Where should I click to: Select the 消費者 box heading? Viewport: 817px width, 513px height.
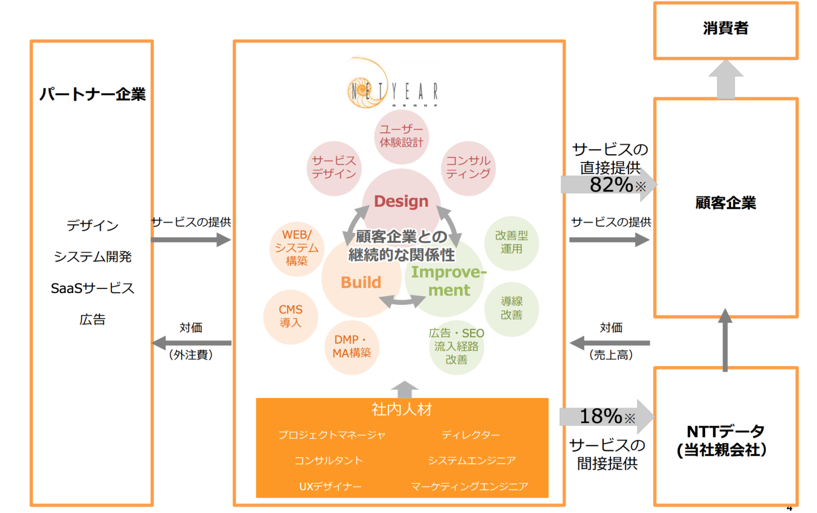pos(725,28)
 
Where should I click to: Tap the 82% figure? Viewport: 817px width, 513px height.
pos(611,185)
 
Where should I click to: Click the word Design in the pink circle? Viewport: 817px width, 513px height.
pos(401,201)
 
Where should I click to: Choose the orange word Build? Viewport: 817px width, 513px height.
pos(361,282)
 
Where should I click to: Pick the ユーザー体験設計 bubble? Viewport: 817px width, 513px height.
pos(401,136)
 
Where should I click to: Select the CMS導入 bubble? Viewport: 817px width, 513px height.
pos(291,316)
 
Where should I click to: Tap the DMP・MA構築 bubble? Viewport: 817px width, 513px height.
pos(352,347)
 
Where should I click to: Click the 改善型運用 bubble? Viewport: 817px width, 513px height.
pos(511,242)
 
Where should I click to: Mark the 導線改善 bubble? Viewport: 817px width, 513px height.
pos(511,308)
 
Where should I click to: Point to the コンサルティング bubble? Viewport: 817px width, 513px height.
pos(468,167)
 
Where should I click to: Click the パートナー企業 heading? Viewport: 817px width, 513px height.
pos(92,94)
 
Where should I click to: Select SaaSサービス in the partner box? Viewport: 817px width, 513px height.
pos(92,288)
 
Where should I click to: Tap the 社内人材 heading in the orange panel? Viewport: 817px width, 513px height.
pos(402,409)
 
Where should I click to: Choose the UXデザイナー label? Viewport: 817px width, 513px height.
pos(330,486)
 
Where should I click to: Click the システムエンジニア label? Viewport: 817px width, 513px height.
pos(472,460)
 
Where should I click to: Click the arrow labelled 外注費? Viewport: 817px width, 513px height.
pos(191,343)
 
